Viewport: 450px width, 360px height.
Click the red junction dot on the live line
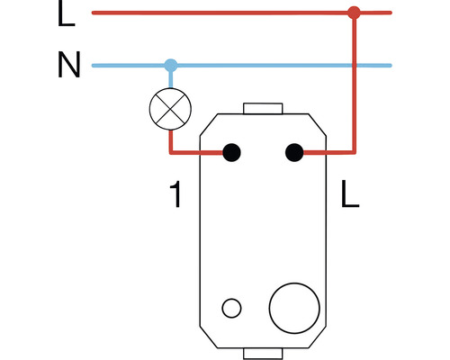(x=354, y=13)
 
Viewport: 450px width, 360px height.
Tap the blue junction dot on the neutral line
(x=171, y=66)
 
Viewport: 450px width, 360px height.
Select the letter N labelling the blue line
(x=69, y=65)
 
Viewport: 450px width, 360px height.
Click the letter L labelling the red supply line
(x=66, y=13)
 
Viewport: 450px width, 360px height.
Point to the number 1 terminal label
(x=175, y=193)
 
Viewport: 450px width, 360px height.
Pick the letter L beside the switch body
(x=350, y=193)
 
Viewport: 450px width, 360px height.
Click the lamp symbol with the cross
(x=170, y=109)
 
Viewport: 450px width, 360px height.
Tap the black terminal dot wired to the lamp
(x=231, y=152)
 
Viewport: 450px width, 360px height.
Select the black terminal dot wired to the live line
(x=294, y=152)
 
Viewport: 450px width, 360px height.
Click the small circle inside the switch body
(x=231, y=308)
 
